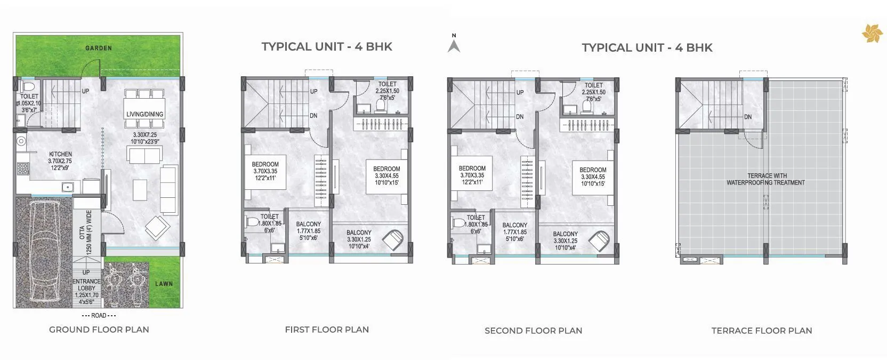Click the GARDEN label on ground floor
[x=99, y=48]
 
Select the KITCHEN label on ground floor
[x=60, y=154]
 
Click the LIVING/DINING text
[x=144, y=114]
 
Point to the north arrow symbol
[x=454, y=45]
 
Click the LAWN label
[x=164, y=284]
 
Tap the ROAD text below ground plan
[x=99, y=316]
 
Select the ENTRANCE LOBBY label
[x=86, y=285]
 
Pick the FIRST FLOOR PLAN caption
[x=327, y=330]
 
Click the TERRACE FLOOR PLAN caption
[x=761, y=331]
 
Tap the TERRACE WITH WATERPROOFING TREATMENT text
[x=766, y=179]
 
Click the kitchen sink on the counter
[x=68, y=187]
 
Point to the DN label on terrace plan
[x=748, y=117]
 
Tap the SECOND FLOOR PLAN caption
[x=533, y=331]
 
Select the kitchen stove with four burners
[x=22, y=169]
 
